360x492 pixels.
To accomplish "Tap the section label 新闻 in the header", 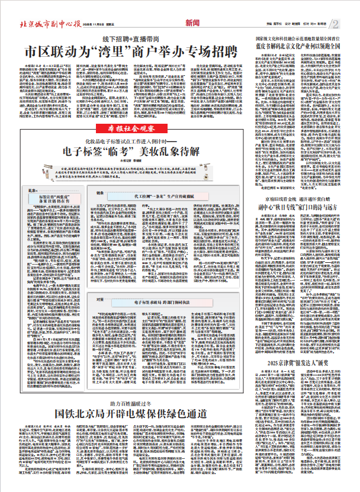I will tap(192, 24).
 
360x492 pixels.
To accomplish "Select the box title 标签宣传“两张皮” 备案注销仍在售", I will tap(55, 195).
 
